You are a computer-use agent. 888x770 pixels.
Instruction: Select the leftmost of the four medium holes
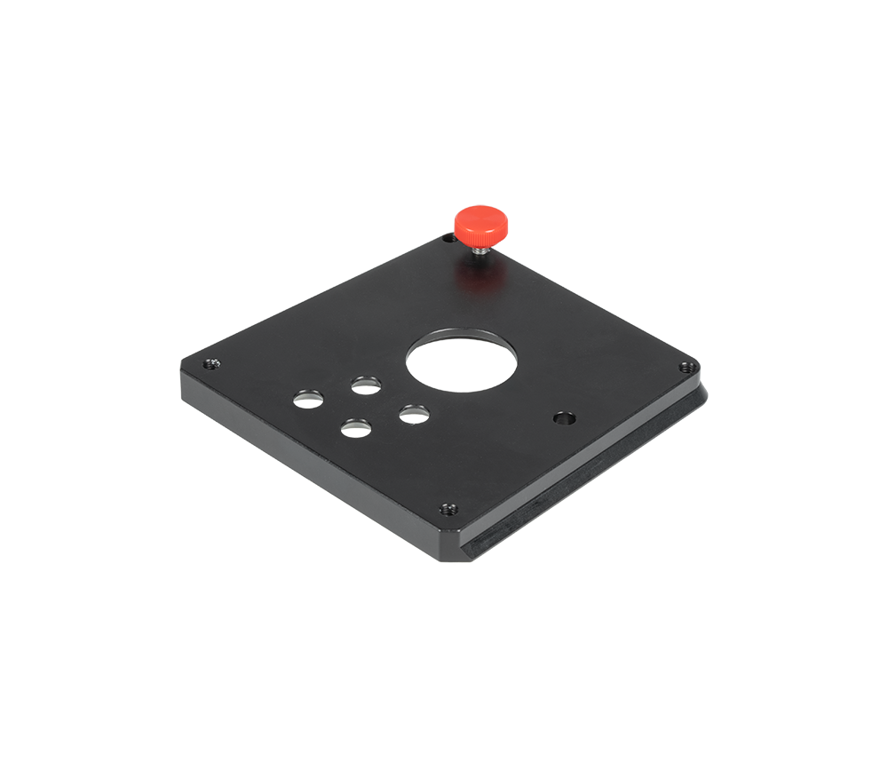click(x=309, y=398)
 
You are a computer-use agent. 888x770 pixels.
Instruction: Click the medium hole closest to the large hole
click(x=414, y=414)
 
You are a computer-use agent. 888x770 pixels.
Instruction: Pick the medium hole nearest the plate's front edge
click(x=356, y=429)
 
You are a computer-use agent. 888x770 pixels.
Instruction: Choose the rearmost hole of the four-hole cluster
click(x=366, y=385)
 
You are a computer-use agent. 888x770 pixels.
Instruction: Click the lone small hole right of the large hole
click(x=561, y=416)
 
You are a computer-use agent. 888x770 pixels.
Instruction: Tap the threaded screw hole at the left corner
click(x=211, y=362)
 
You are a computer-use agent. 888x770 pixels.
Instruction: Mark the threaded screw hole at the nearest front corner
click(x=448, y=509)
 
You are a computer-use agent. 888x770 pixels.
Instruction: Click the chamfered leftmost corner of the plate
click(x=183, y=371)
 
